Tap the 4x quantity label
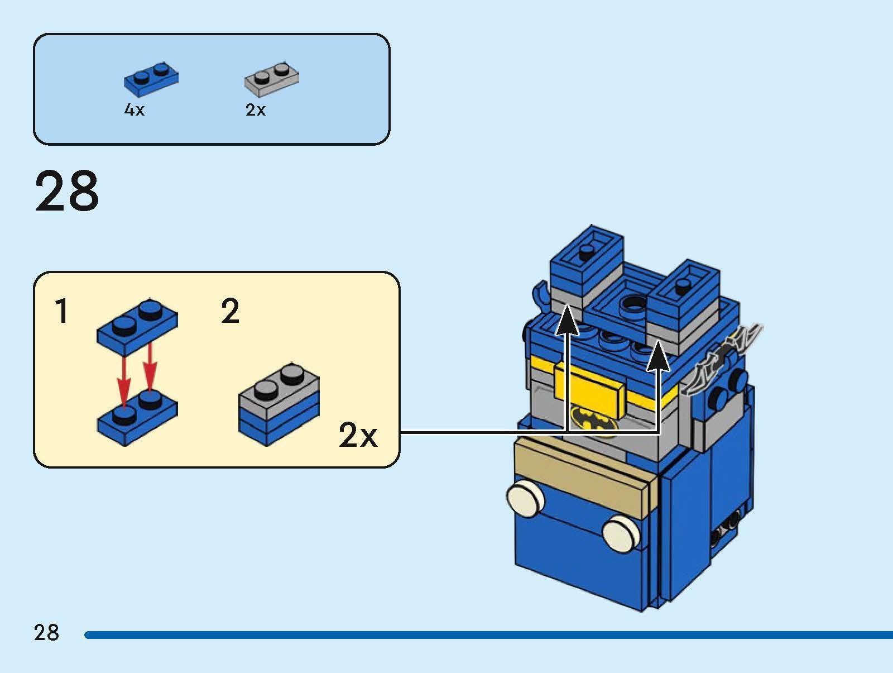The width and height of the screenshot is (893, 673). (134, 110)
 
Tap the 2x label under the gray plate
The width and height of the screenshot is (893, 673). (256, 110)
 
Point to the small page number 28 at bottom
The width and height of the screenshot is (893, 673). (46, 633)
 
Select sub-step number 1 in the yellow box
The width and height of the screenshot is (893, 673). (62, 312)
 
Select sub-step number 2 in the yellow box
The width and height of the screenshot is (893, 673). (231, 312)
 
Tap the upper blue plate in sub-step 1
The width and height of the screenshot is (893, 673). (137, 327)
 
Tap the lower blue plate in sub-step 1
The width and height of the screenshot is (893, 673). (137, 419)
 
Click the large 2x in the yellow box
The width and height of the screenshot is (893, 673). (358, 435)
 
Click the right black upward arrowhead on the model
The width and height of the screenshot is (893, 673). (659, 357)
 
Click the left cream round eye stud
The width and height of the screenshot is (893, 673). (525, 498)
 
